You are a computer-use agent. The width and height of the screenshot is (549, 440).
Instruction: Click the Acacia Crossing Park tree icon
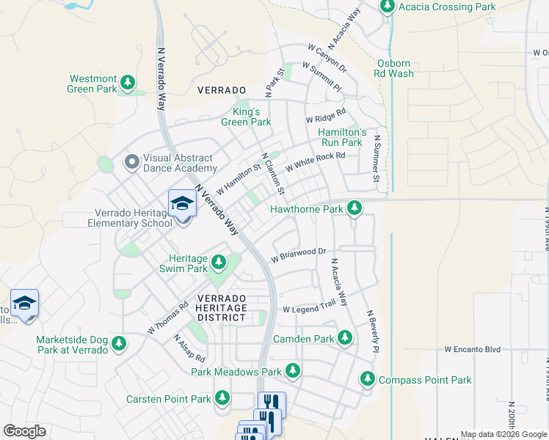[388, 7]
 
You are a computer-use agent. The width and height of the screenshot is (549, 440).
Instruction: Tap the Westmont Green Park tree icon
[128, 81]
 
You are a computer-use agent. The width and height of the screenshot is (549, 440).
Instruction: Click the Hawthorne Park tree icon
[355, 209]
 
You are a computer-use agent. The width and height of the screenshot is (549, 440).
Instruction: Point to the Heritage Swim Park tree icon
[218, 262]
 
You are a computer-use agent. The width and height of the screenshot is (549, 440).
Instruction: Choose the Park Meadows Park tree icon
[293, 371]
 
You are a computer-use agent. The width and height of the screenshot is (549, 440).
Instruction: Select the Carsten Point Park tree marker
[222, 399]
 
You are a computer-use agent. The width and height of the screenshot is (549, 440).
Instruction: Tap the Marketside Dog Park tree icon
[119, 343]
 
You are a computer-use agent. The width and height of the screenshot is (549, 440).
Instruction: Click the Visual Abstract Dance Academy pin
[131, 161]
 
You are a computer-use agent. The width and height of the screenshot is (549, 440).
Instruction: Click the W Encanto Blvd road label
[472, 350]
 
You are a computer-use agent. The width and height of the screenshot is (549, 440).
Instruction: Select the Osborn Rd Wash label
[395, 68]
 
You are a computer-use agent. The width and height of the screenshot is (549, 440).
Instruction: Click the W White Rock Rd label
[315, 161]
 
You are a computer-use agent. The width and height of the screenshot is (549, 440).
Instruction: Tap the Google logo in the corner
[24, 431]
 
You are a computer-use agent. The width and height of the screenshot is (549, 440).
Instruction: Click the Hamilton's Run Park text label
[341, 137]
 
